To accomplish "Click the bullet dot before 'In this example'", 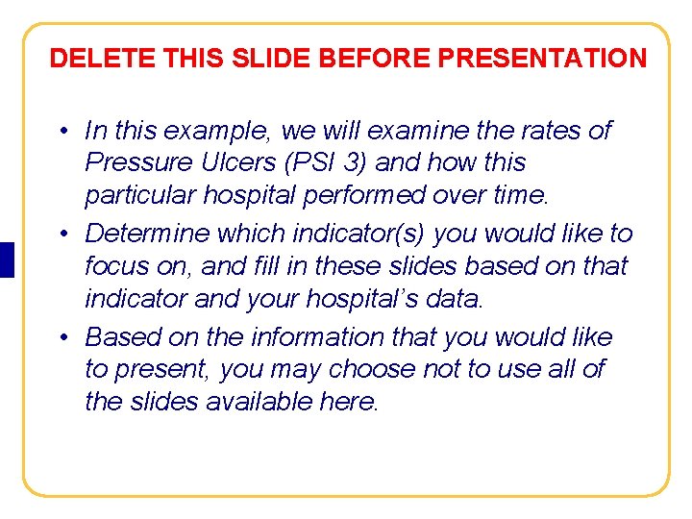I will point(61,131).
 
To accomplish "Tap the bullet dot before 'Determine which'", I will point(61,234).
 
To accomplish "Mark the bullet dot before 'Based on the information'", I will point(61,337).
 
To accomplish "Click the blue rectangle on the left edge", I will point(7,259).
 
